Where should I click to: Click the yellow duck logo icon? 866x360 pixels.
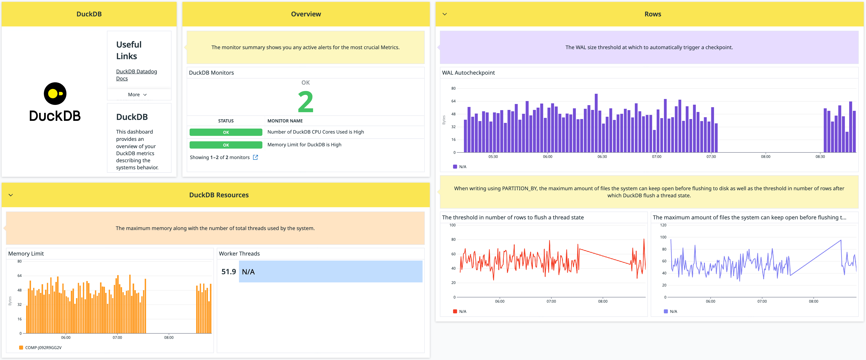click(x=55, y=94)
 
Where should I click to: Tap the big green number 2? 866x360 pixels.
click(x=305, y=102)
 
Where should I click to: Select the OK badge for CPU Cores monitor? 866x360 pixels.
click(x=225, y=132)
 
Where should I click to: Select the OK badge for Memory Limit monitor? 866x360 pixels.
click(x=225, y=145)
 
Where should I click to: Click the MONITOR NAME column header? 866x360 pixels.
click(x=285, y=121)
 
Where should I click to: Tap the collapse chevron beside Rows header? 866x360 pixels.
click(x=444, y=14)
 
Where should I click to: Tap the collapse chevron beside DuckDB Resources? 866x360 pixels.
click(x=11, y=195)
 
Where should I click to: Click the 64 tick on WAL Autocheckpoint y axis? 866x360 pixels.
click(x=453, y=101)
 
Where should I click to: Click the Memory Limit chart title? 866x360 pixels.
click(x=26, y=254)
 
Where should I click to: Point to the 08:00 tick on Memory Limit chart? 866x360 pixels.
click(x=169, y=337)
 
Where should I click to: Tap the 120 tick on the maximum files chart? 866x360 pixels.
click(x=663, y=225)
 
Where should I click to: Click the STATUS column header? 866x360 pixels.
click(x=225, y=121)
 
